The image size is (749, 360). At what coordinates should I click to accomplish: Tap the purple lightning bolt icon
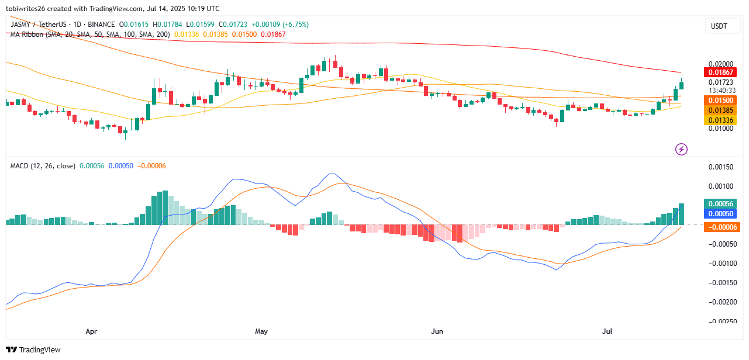coord(681,149)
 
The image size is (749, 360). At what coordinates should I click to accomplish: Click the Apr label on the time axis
coord(91,331)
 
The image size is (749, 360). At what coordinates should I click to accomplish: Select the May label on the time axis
coord(261,331)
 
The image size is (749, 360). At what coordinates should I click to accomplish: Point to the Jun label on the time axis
coord(437,331)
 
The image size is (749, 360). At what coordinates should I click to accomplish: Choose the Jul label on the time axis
coord(608,331)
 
